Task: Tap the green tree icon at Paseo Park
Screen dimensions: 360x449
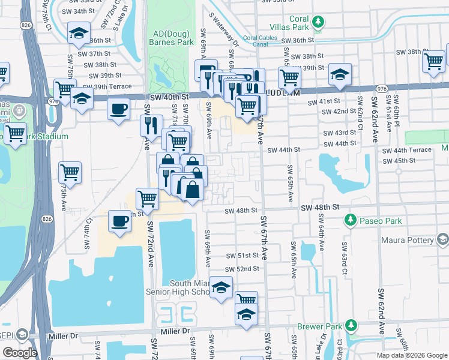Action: coord(350,221)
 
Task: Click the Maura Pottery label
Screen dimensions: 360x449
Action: coord(407,240)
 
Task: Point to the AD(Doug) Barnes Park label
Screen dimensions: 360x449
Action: coord(173,38)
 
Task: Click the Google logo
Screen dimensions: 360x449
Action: coord(20,353)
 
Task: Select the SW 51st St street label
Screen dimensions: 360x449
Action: coord(242,256)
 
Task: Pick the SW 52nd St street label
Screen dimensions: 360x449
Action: coord(243,269)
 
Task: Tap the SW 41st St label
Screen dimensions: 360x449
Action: coord(324,103)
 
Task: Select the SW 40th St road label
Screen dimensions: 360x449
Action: coord(169,96)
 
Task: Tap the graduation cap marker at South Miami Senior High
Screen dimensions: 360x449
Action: coord(221,289)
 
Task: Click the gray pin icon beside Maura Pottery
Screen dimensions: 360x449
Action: coord(443,240)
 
